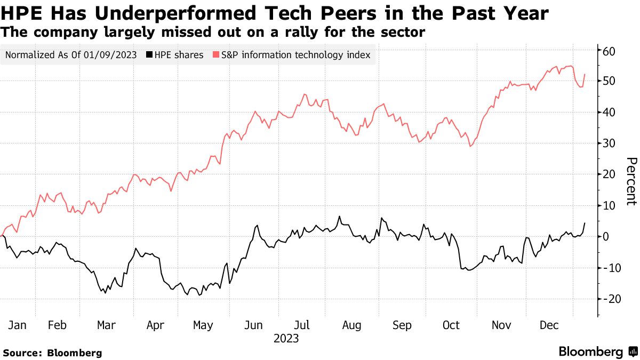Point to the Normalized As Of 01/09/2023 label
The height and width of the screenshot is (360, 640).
tap(71, 55)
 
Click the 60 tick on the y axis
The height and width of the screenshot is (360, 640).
tap(609, 51)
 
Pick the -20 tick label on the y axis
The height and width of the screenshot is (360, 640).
tap(607, 299)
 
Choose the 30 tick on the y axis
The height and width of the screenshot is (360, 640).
tap(609, 143)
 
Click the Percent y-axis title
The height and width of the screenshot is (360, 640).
tap(631, 181)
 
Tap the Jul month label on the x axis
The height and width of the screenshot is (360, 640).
tap(302, 325)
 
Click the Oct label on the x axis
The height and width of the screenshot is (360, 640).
tap(451, 325)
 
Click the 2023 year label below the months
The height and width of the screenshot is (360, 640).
tap(286, 339)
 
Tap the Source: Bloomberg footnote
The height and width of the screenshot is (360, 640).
tap(52, 353)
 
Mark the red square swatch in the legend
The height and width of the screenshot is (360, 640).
tap(215, 55)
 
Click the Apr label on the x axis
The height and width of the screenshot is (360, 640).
tap(155, 325)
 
